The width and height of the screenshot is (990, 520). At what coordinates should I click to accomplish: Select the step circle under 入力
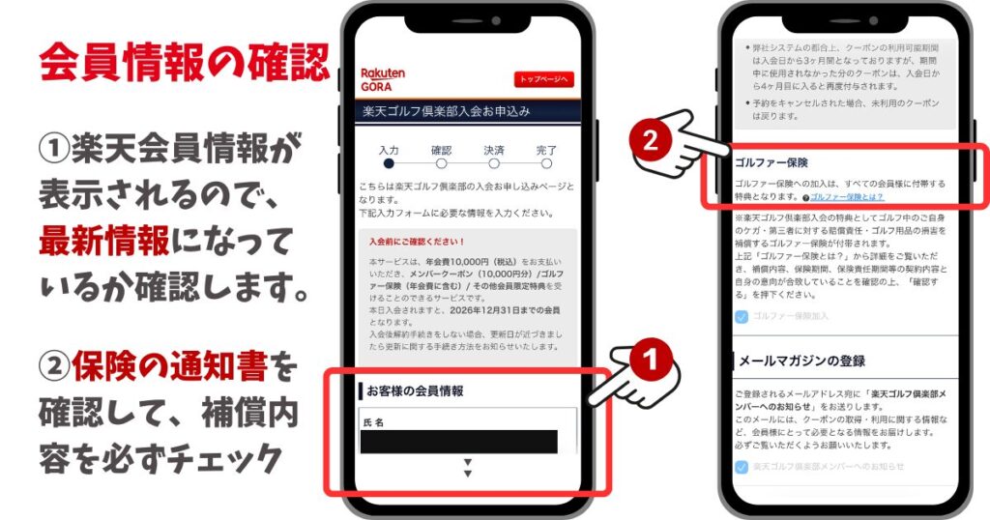[389, 165]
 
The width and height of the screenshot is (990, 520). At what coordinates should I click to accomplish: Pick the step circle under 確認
[441, 165]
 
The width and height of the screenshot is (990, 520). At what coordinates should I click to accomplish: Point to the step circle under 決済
[494, 165]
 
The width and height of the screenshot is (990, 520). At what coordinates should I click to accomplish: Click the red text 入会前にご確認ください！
[417, 241]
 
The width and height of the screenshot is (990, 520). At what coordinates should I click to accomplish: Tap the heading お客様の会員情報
[417, 391]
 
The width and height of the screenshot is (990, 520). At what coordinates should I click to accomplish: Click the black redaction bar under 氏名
[458, 442]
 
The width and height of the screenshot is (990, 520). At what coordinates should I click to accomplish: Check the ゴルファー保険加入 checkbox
[741, 316]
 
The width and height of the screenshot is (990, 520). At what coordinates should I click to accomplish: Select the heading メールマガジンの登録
[801, 361]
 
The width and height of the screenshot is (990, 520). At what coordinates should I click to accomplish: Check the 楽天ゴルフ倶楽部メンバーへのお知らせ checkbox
[741, 467]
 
